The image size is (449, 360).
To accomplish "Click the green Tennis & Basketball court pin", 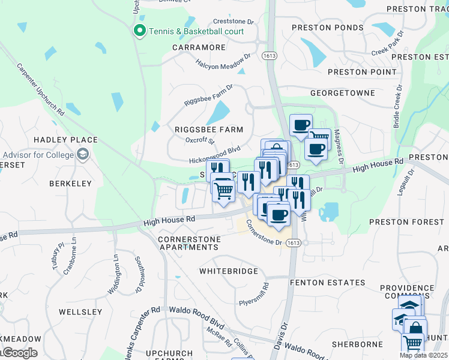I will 140,31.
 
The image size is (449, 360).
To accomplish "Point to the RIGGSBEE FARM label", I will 209,130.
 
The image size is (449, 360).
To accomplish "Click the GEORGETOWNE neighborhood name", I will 342,94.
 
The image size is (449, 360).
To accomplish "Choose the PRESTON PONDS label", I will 327,28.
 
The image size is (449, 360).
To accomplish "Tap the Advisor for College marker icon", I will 82,155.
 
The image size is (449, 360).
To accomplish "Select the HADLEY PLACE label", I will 65,140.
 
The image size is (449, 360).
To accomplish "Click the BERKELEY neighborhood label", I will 70,183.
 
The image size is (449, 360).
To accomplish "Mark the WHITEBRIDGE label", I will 229,271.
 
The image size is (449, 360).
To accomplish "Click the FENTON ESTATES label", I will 327,282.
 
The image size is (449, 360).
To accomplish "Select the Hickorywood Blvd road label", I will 214,155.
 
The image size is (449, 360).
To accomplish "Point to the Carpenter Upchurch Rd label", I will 40,90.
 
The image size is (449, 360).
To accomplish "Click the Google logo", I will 19,352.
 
